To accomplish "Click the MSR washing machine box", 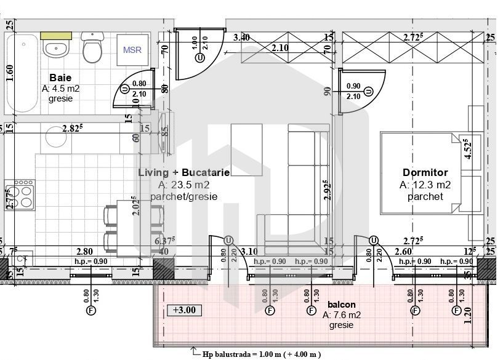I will pos(132,49).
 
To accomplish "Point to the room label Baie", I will pos(60,78).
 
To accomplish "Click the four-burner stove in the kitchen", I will pos(20,196).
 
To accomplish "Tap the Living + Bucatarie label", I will pos(183,173).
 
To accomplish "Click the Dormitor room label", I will pos(425,173).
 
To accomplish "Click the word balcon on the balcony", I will pos(341,305).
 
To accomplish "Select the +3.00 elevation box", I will pos(183,310).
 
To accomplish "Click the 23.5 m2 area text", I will pos(183,185).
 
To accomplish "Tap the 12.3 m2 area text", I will pos(425,185).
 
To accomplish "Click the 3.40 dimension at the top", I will pos(241,38).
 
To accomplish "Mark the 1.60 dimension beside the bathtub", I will pos(9,73).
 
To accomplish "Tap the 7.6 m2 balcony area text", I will pos(341,315).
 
